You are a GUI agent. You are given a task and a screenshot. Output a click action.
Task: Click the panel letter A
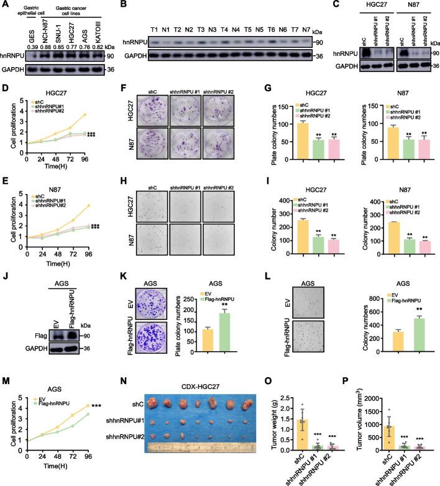click(x=5, y=6)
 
